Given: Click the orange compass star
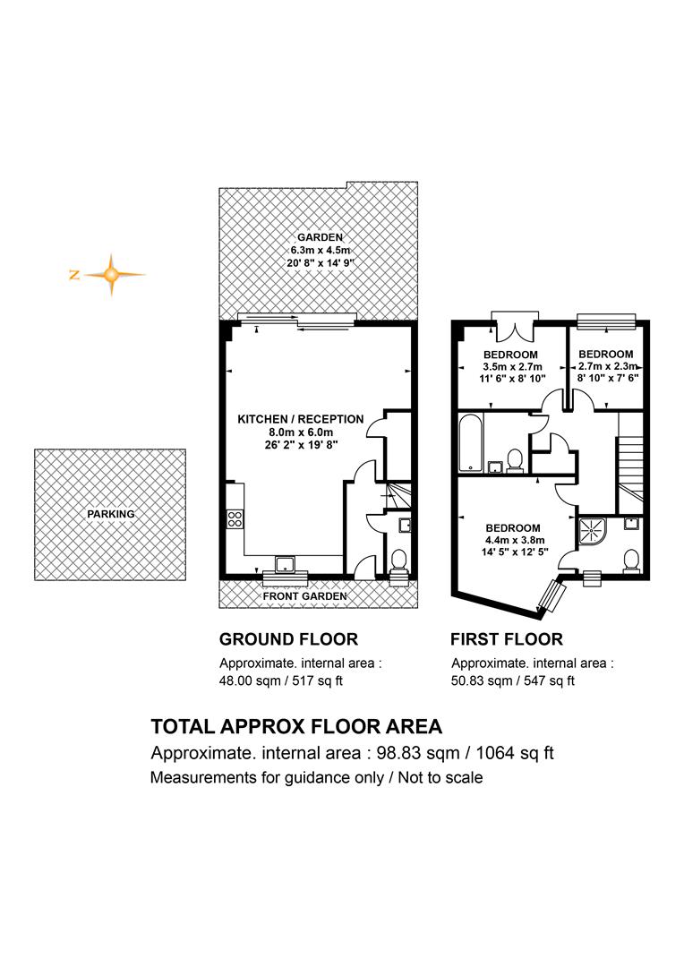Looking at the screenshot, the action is tap(111, 275).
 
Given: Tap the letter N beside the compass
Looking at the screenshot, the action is tap(74, 275).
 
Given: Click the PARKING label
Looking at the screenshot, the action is tap(110, 514).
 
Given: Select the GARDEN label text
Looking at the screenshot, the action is tap(321, 237).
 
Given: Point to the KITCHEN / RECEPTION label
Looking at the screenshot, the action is tap(300, 419).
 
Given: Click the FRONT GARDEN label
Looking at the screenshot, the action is tap(304, 596).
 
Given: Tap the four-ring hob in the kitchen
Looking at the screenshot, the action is tap(235, 518).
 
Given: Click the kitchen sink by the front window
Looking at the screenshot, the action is tap(285, 563).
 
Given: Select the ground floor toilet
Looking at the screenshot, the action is tap(399, 561).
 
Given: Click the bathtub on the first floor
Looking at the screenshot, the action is tap(471, 443).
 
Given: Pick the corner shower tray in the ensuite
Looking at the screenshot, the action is tap(593, 532).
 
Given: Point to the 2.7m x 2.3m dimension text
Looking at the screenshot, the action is tap(608, 366).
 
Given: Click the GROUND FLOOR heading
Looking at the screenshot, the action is tap(288, 639).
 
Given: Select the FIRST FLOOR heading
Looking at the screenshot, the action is tap(507, 639).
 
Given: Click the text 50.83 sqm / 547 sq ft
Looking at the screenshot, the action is tap(513, 680).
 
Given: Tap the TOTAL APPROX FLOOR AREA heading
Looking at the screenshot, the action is tap(296, 726).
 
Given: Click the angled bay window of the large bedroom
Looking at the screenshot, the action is tap(551, 596).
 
